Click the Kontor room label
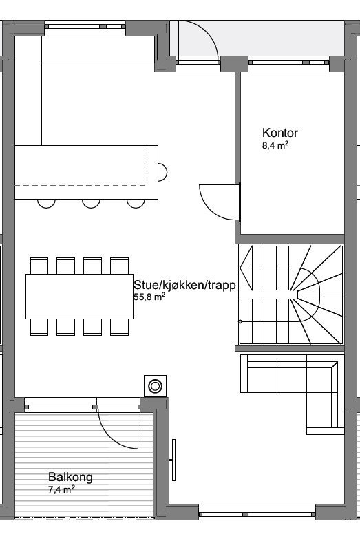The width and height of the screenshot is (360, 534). (x=280, y=133)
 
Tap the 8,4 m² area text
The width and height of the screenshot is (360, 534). (x=275, y=146)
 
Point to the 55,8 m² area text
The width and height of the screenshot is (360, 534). (x=149, y=297)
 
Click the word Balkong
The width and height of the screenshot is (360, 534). (x=70, y=477)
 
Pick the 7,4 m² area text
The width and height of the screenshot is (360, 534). (x=62, y=489)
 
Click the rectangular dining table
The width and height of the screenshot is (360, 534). (x=79, y=296)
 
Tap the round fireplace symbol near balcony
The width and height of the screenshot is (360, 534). (x=156, y=386)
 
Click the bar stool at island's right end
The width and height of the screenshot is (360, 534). (x=162, y=170)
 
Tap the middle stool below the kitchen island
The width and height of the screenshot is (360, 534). (x=91, y=202)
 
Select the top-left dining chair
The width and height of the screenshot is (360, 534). (x=39, y=265)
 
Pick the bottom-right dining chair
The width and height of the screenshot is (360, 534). (x=120, y=327)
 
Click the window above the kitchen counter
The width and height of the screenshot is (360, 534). (x=85, y=28)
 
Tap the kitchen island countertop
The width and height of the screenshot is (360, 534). (x=83, y=165)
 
